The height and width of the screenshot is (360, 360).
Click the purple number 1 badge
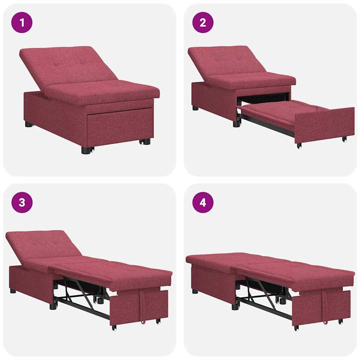click(x=22, y=22)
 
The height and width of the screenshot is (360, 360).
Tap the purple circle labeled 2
click(x=203, y=22)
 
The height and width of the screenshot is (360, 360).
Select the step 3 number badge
click(x=22, y=202)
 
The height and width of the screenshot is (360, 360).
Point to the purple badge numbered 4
click(x=203, y=202)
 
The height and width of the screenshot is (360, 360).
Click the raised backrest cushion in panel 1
click(x=67, y=64)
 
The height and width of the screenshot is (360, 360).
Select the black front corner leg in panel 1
click(x=86, y=150)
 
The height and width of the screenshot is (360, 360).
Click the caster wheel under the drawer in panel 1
click(x=146, y=141)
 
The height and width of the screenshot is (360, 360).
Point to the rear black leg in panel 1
click(x=29, y=124)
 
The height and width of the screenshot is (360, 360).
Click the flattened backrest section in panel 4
click(x=216, y=260)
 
